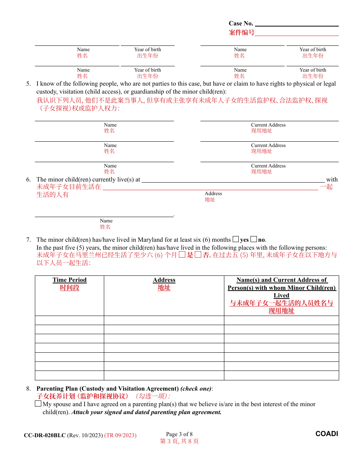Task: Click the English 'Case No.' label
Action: click(x=241, y=23)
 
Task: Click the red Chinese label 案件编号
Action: click(x=241, y=33)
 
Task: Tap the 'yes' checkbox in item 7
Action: click(x=236, y=239)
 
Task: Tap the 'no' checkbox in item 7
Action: click(x=254, y=239)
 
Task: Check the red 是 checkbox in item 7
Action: click(x=182, y=255)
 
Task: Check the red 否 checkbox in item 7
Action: click(x=198, y=255)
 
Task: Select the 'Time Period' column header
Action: click(x=69, y=280)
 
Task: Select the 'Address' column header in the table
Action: click(x=164, y=280)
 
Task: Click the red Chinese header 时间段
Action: click(x=69, y=288)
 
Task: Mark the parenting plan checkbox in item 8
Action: click(x=38, y=404)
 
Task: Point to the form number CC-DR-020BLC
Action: click(x=45, y=435)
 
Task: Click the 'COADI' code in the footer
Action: click(x=327, y=434)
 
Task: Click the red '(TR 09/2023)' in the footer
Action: click(x=120, y=435)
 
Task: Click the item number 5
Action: click(x=28, y=84)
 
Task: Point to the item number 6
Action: click(x=28, y=180)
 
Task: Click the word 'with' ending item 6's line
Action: click(x=332, y=180)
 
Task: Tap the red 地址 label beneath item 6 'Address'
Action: click(x=210, y=200)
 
